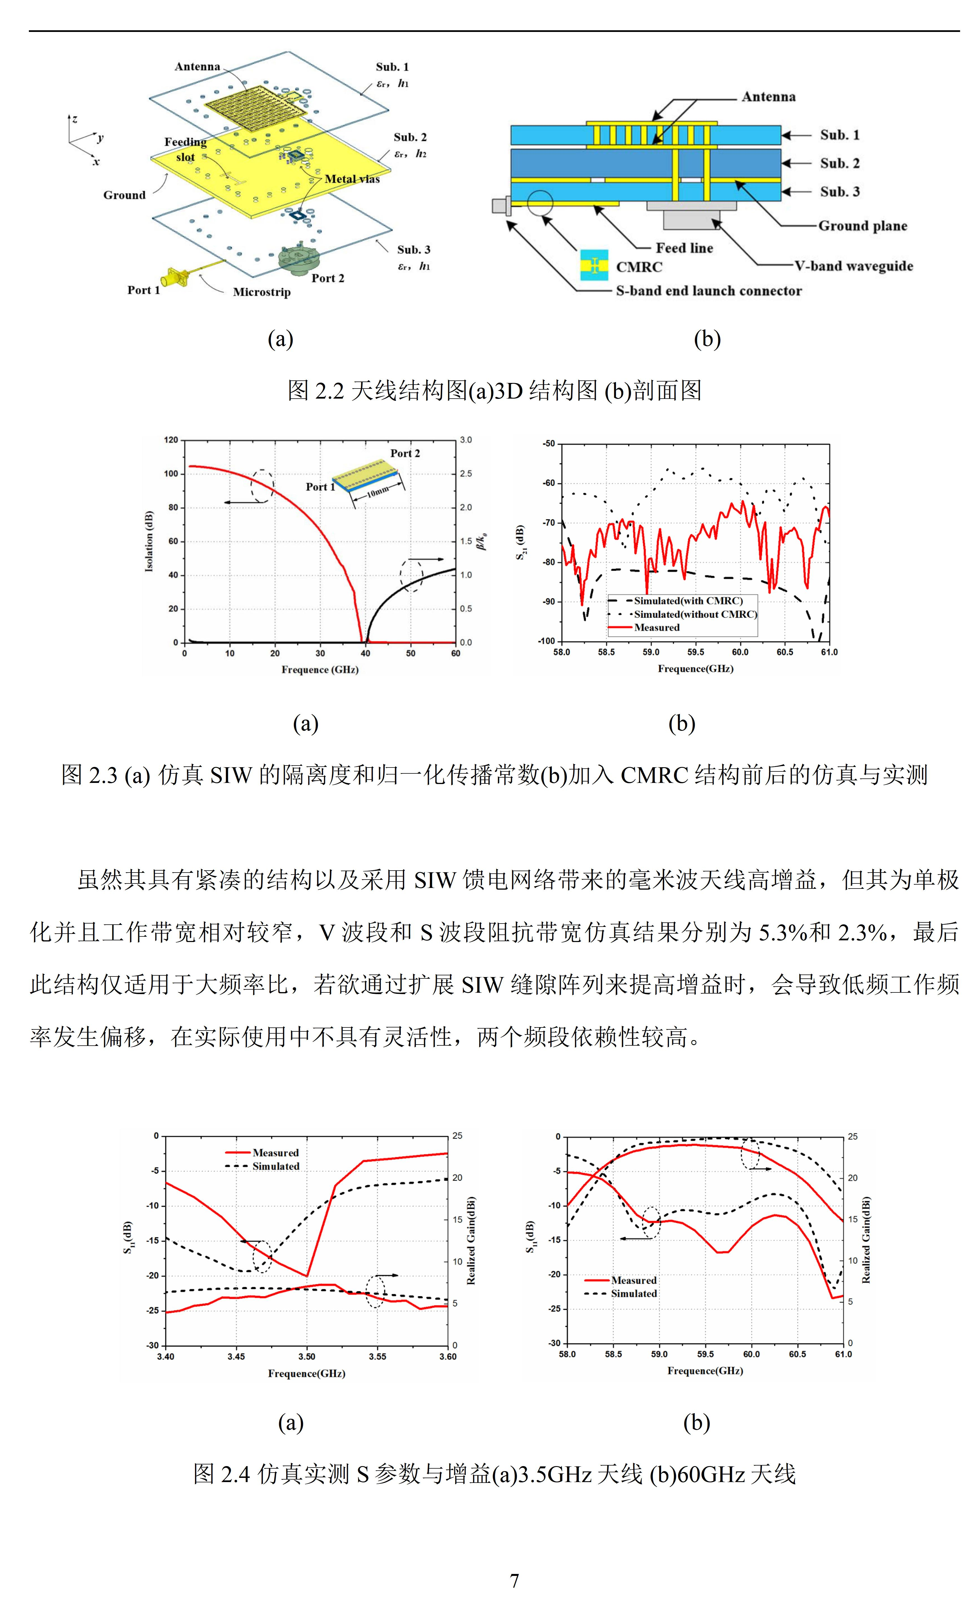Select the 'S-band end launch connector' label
point(708,291)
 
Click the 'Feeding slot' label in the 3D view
point(185,149)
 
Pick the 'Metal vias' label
point(352,179)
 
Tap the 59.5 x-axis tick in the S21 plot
point(696,652)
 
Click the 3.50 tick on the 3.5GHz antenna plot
point(307,1357)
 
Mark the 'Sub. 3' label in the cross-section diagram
point(840,191)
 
